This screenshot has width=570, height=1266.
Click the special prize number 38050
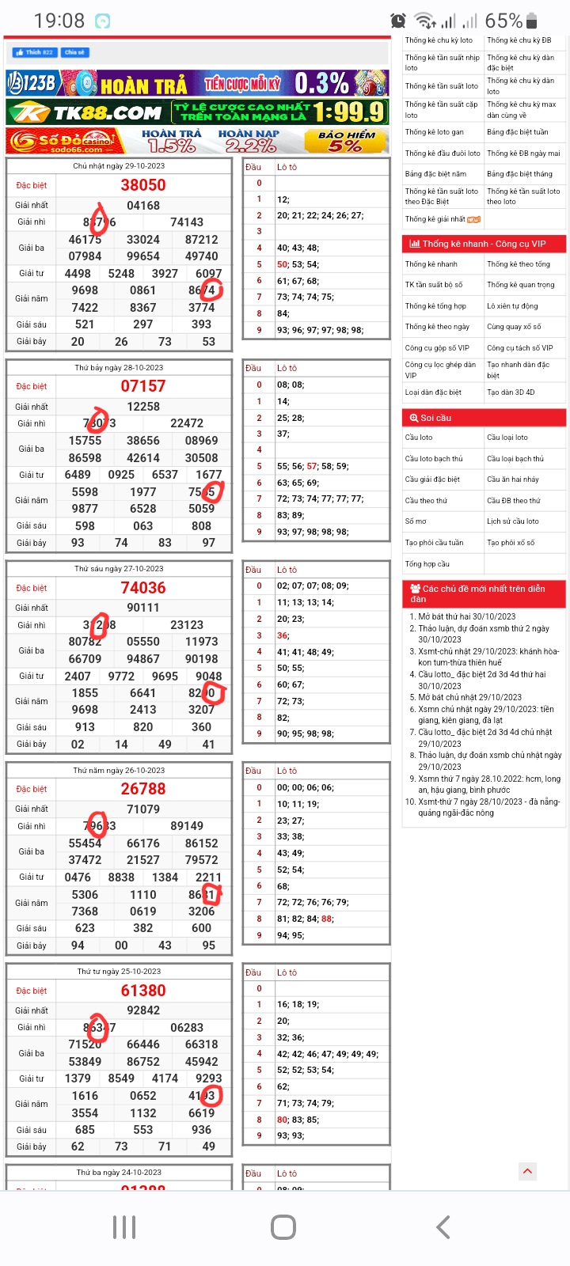coord(143,185)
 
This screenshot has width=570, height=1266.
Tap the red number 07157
coord(143,386)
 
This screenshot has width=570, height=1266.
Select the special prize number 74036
coord(143,588)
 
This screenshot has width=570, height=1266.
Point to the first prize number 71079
coord(143,809)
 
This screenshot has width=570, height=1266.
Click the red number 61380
coord(143,991)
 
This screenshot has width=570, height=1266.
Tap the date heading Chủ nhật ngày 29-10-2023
coord(119,166)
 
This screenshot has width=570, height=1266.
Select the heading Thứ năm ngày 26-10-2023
coord(119,770)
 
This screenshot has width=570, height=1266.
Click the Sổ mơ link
coord(416,521)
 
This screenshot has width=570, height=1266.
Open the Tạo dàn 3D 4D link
coord(511,392)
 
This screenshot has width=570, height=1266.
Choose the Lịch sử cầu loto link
coord(513,521)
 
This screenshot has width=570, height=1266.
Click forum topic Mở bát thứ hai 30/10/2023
coord(466,616)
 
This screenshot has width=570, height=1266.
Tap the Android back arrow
coord(443,1227)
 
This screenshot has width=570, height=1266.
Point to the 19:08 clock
coord(59,21)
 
